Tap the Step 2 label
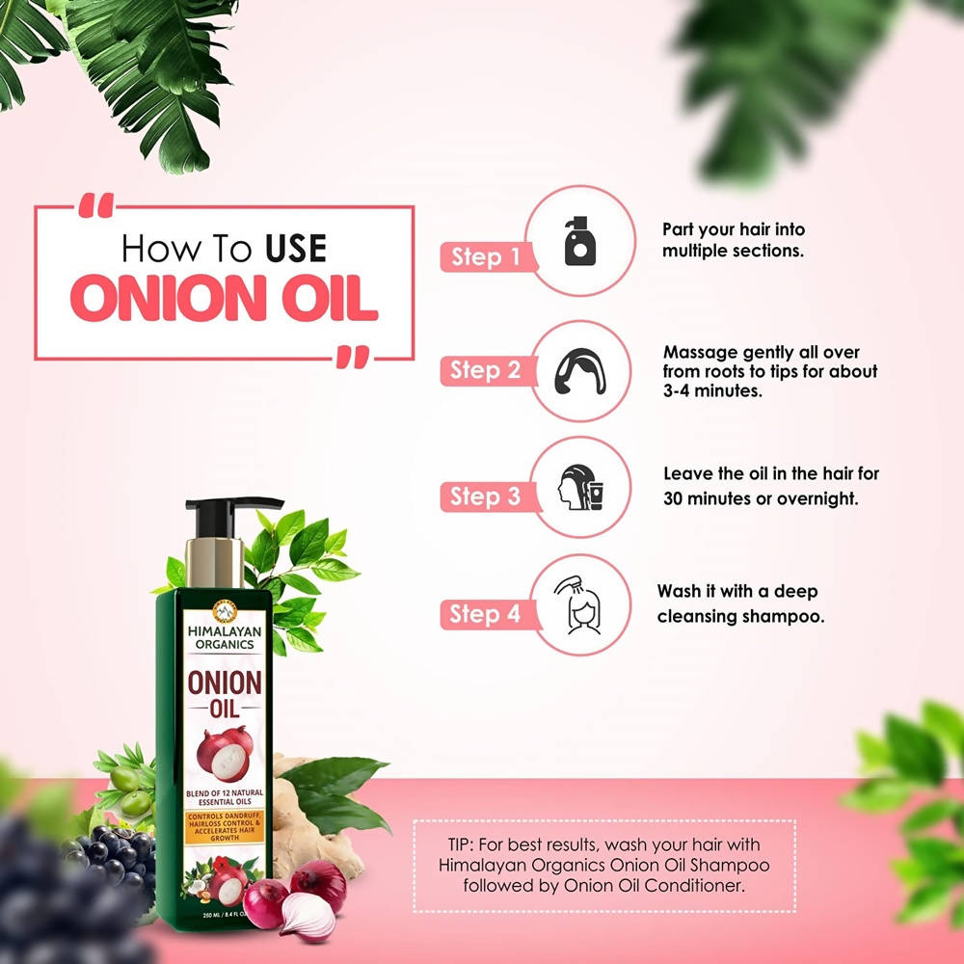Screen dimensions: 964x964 pos(486,370)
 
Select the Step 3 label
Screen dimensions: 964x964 pos(486,496)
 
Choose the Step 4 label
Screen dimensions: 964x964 pos(486,614)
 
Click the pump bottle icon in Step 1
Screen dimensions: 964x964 pos(579,241)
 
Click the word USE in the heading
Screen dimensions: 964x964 pos(293,250)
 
